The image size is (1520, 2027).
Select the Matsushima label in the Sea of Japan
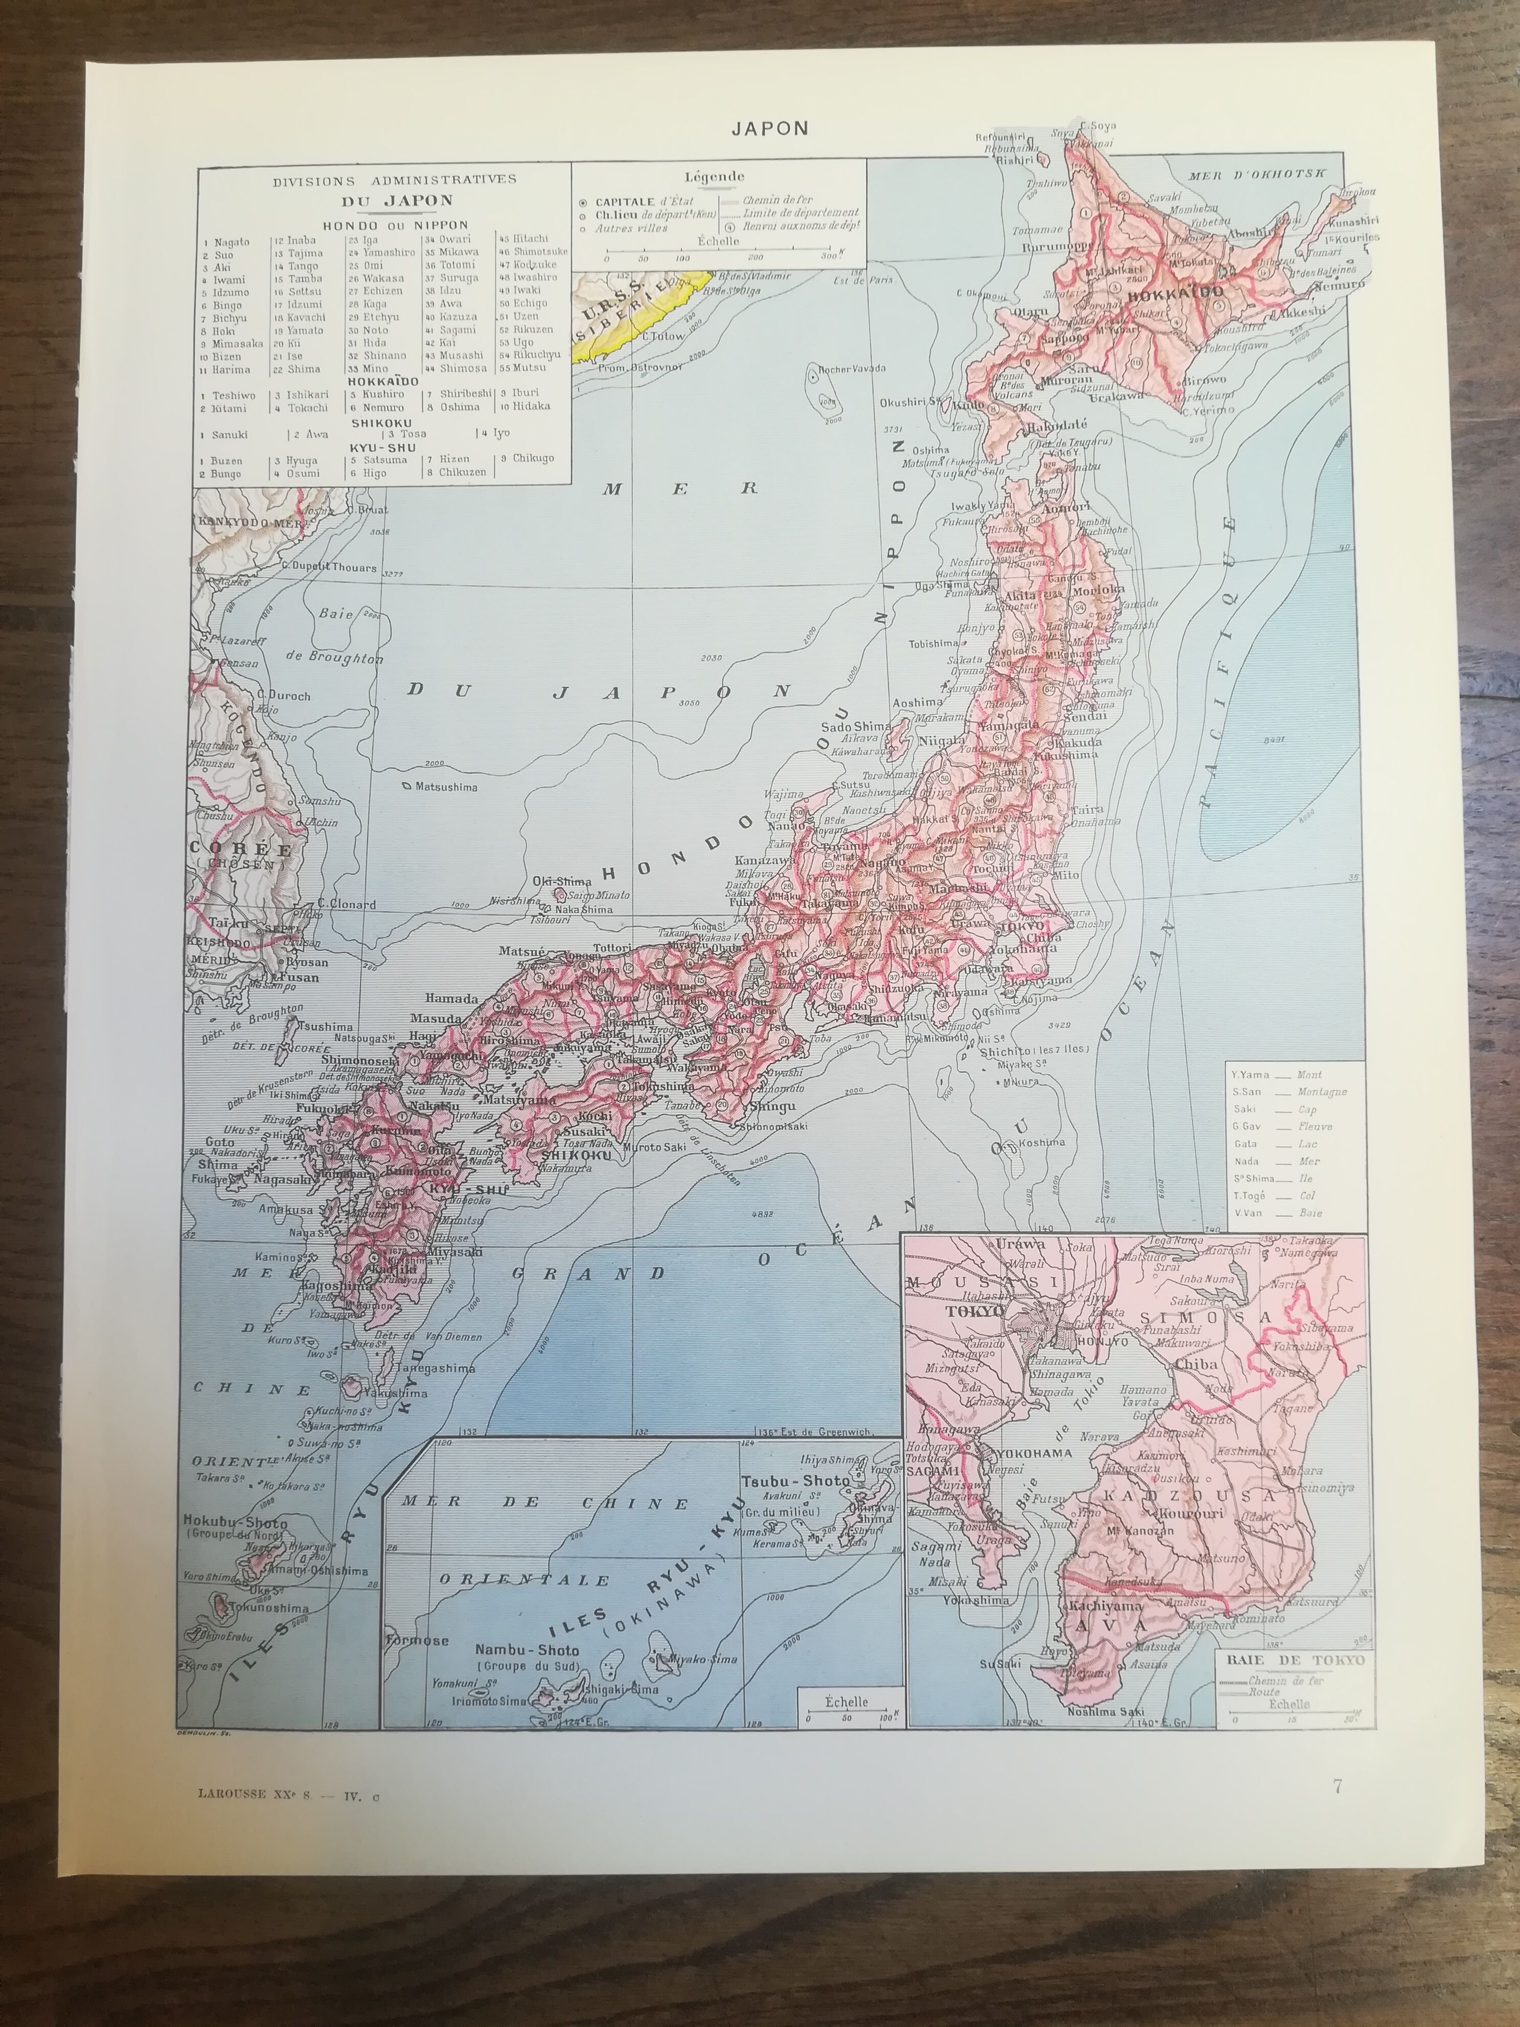pyautogui.click(x=445, y=786)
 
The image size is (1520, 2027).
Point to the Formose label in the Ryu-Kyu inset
pyautogui.click(x=417, y=1639)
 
